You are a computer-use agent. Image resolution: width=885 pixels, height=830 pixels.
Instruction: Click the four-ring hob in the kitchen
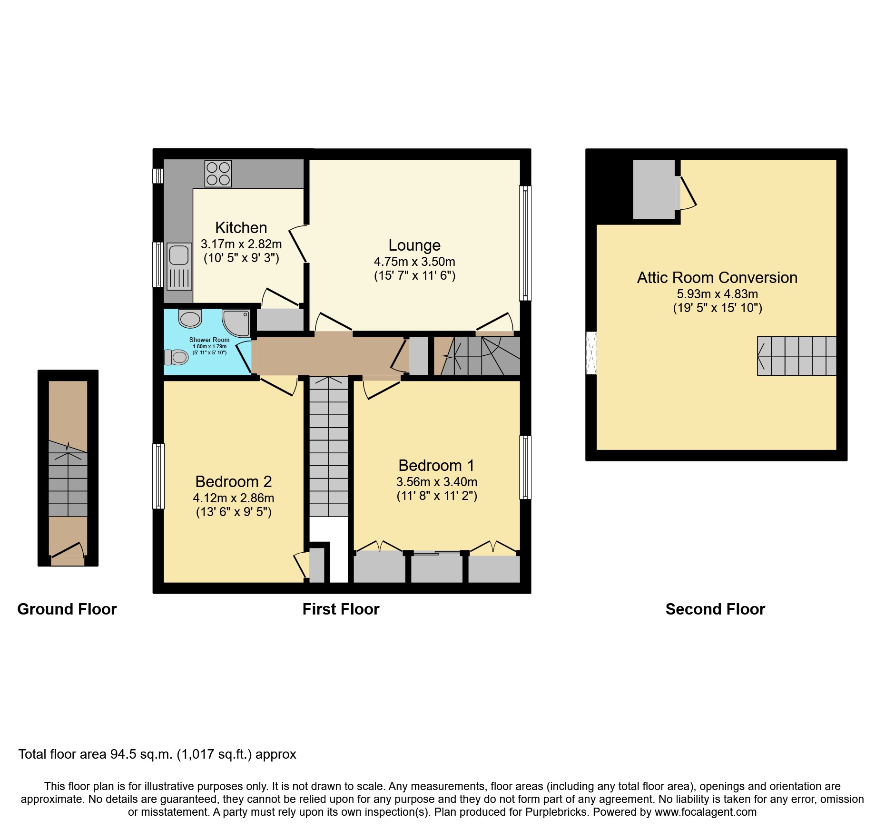coord(218,173)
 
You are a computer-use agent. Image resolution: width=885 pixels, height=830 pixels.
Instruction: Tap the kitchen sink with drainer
coord(179,266)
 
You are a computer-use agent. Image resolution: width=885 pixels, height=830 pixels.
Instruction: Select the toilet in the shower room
coord(177,357)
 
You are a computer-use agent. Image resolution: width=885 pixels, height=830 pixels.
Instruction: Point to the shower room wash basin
coord(190,318)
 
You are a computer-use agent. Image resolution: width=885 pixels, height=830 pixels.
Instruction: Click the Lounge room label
coord(414,245)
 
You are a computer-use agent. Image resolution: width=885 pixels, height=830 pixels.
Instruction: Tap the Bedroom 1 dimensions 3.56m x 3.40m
coord(436,482)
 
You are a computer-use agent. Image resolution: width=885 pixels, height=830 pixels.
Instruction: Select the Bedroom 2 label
coord(233,482)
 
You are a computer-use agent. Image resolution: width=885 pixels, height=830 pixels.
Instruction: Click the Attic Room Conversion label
coord(717,278)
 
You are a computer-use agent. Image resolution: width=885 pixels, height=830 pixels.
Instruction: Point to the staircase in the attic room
coord(796,356)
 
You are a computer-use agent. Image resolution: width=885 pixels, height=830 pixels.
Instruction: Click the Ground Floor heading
coord(67,609)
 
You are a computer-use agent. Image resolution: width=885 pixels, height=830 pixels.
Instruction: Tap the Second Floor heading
coord(715,609)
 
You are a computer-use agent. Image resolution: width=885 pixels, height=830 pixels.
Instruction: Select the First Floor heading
coord(341,609)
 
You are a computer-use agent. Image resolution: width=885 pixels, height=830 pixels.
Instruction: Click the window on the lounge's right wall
coord(525,243)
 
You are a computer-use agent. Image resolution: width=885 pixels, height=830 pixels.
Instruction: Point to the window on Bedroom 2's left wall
coord(158,476)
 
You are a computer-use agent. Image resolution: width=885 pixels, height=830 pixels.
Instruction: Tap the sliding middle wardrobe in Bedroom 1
coord(436,567)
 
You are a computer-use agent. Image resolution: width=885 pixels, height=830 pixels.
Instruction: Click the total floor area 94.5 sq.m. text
coord(157,754)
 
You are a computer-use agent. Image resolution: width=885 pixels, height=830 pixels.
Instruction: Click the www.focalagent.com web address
coord(705,812)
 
